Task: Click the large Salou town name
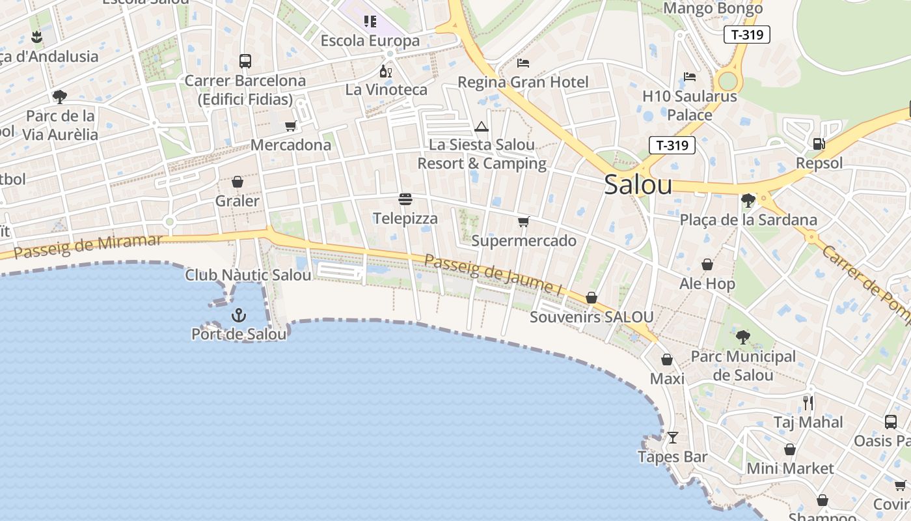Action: point(638,185)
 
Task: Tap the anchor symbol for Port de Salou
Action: point(239,316)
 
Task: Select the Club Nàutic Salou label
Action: point(248,275)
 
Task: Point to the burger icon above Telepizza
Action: point(405,199)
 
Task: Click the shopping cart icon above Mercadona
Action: point(290,126)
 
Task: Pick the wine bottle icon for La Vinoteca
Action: point(386,71)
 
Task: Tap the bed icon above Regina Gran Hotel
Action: point(523,63)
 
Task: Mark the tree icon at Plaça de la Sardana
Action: point(748,200)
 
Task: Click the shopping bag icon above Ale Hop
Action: point(707,264)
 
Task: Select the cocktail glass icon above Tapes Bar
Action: point(673,437)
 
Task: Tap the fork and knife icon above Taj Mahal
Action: point(808,402)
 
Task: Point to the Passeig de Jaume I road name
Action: point(493,274)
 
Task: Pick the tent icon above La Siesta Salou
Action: point(482,126)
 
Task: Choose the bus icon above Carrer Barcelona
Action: point(245,61)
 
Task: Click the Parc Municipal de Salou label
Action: point(743,365)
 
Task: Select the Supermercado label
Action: point(524,241)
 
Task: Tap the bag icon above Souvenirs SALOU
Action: point(591,298)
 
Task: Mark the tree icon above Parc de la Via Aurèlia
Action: point(60,97)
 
